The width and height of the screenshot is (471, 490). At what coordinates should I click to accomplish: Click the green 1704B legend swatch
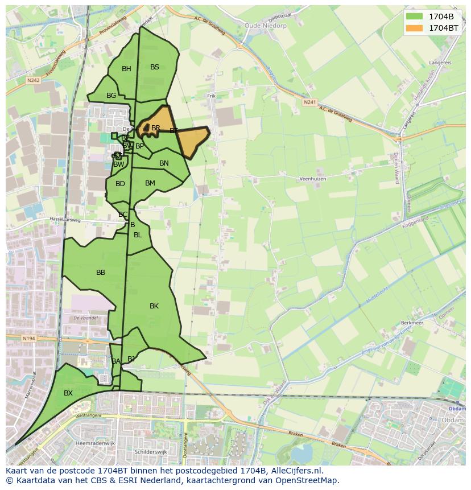[415, 16]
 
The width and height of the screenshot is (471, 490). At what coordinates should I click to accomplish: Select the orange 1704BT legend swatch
[415, 27]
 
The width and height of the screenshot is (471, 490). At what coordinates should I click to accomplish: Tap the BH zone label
[126, 69]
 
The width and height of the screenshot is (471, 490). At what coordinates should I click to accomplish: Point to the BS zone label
[155, 67]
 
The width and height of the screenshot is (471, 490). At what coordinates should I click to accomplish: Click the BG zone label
[111, 96]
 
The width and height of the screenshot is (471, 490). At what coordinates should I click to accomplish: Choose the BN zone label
[164, 163]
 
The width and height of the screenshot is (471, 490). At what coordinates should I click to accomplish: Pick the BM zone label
[150, 183]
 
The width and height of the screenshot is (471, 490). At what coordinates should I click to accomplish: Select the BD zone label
[120, 184]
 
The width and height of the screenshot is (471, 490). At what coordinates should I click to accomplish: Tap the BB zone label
[101, 273]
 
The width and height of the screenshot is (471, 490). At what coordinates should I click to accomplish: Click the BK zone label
[154, 306]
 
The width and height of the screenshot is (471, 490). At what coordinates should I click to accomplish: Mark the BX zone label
[68, 393]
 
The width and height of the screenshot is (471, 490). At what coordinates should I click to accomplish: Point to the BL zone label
[138, 235]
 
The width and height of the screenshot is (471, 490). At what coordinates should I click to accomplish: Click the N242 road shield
[33, 81]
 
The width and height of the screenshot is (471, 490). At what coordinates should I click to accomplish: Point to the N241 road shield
[309, 102]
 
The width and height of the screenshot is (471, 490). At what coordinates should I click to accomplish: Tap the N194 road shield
[28, 338]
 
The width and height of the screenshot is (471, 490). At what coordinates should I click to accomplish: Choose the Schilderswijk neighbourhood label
[150, 451]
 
